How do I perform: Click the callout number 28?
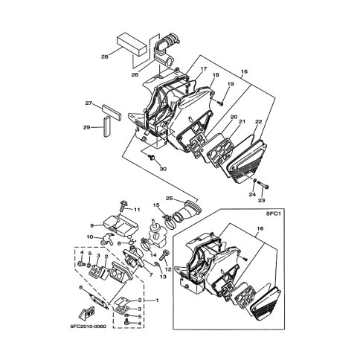coord(105,57)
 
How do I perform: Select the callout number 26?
coord(135,74)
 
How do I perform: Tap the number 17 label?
coord(203,68)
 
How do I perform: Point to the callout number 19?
coord(231,84)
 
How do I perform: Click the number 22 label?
coord(258,122)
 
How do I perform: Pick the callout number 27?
coord(89,103)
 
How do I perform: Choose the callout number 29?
coord(87,127)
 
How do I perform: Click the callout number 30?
coord(163,169)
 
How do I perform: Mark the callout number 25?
coord(170,198)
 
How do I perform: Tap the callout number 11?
coord(137,210)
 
